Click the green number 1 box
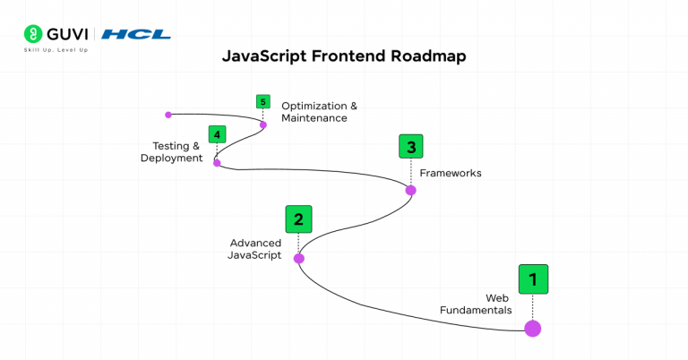(533, 279)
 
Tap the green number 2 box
(299, 219)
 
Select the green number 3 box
(411, 147)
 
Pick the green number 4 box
(217, 134)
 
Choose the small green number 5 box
(262, 102)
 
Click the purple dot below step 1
(533, 329)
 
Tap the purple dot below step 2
(299, 258)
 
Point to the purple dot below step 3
(410, 191)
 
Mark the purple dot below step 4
(217, 163)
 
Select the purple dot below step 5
(263, 125)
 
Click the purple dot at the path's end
(168, 115)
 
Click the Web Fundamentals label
(476, 304)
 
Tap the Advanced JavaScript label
(255, 249)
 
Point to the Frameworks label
(451, 173)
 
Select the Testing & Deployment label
(172, 152)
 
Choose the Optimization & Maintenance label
(320, 112)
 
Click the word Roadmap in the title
(428, 56)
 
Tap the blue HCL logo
(136, 34)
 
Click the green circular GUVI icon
(33, 34)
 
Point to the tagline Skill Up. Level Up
(56, 50)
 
